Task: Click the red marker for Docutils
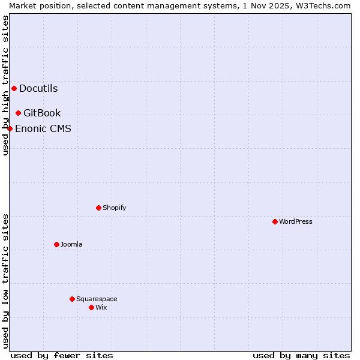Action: point(14,89)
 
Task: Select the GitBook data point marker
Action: point(18,113)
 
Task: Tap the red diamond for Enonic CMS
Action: point(10,128)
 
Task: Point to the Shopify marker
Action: point(98,208)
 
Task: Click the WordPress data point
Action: point(275,222)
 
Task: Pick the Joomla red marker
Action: point(56,245)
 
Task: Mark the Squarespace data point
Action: point(72,299)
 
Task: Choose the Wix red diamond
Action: point(91,308)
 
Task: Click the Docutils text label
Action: point(38,89)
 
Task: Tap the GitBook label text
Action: point(42,113)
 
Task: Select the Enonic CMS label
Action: point(43,128)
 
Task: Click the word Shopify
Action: point(114,208)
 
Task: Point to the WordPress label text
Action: point(296,222)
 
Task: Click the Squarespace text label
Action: point(97,299)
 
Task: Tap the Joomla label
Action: point(71,245)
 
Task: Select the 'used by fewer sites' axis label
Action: point(62,355)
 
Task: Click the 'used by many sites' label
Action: point(301,355)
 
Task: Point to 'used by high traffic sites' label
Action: point(5,85)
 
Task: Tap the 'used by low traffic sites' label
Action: point(5,280)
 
